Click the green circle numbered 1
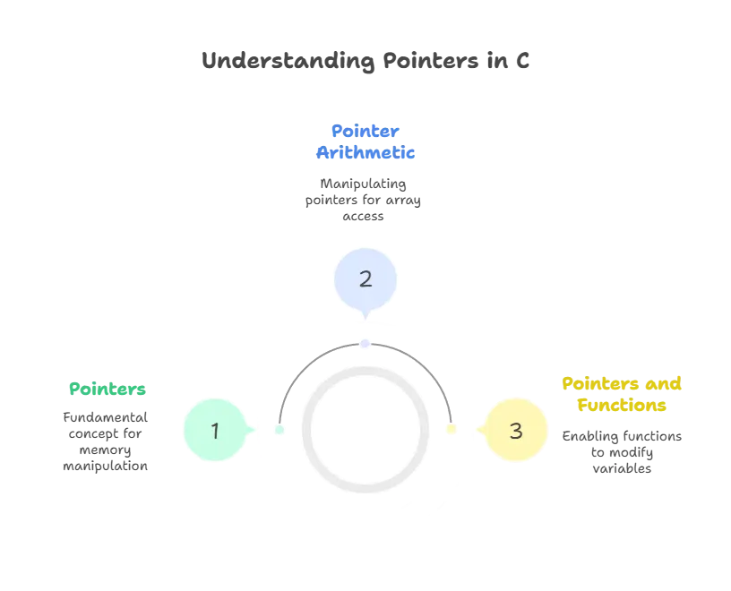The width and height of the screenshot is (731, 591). (215, 431)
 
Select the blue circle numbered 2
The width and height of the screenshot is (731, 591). (365, 278)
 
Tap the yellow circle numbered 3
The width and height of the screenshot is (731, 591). (515, 431)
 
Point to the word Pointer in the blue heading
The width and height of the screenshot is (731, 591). (365, 131)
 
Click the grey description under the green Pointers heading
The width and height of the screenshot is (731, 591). (104, 441)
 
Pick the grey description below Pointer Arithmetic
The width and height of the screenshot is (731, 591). (365, 197)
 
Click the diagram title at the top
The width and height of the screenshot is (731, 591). (365, 62)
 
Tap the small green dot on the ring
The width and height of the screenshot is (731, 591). (279, 431)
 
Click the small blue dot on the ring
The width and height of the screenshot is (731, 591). (365, 343)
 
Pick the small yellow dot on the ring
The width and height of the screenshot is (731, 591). (451, 431)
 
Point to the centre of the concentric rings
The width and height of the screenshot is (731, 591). (365, 430)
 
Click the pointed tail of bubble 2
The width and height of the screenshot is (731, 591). (365, 315)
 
